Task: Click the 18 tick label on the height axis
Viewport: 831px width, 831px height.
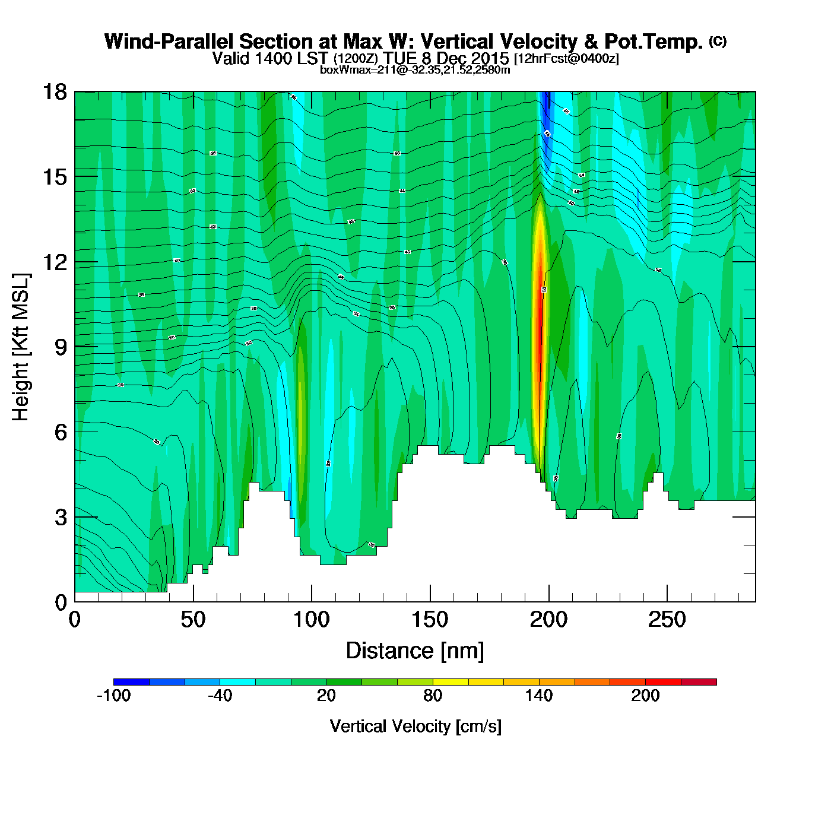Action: point(54,92)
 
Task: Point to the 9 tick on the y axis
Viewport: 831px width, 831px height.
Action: point(61,347)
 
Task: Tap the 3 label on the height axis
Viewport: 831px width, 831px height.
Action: point(61,518)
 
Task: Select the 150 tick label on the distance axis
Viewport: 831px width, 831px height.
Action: point(430,620)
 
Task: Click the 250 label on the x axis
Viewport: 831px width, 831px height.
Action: point(667,620)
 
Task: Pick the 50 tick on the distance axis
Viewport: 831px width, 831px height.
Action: point(193,620)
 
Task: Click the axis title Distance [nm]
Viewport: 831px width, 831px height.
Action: point(415,651)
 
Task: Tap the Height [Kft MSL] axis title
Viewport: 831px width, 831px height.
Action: point(21,347)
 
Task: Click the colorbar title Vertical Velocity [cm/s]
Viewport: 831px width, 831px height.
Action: point(415,726)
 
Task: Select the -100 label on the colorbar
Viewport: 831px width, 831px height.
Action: point(113,696)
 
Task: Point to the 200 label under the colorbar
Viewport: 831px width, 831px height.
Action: point(645,696)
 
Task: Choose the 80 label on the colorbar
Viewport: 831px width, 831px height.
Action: point(433,696)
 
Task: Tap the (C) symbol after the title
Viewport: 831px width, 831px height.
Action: point(718,41)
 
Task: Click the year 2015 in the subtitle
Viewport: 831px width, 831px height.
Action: point(490,58)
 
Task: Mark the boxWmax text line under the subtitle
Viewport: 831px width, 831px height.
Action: point(415,69)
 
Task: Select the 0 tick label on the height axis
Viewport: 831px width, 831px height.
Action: point(61,602)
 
